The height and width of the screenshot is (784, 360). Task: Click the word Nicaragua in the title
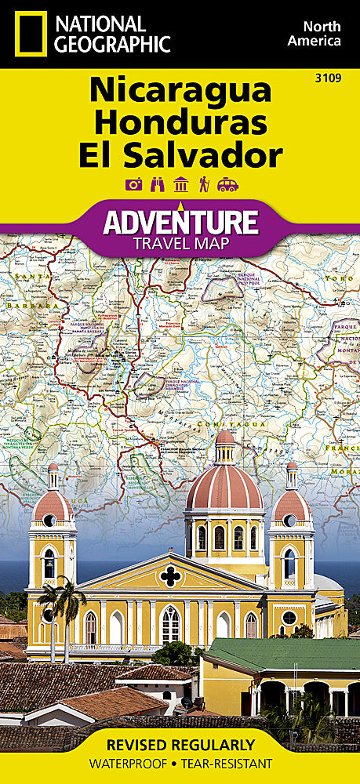(180, 92)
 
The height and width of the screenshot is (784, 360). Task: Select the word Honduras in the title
(180, 123)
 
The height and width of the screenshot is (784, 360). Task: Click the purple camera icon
(133, 185)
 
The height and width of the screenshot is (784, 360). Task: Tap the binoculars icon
(157, 185)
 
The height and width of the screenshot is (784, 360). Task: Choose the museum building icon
(180, 185)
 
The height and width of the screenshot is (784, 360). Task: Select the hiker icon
(204, 185)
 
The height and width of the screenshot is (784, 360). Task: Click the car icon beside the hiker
(227, 185)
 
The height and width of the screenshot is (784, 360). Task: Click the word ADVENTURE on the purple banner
(181, 222)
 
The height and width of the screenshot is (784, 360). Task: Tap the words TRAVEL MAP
(181, 244)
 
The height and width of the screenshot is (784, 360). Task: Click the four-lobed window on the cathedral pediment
(169, 576)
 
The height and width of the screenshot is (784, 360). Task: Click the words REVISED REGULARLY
(181, 745)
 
